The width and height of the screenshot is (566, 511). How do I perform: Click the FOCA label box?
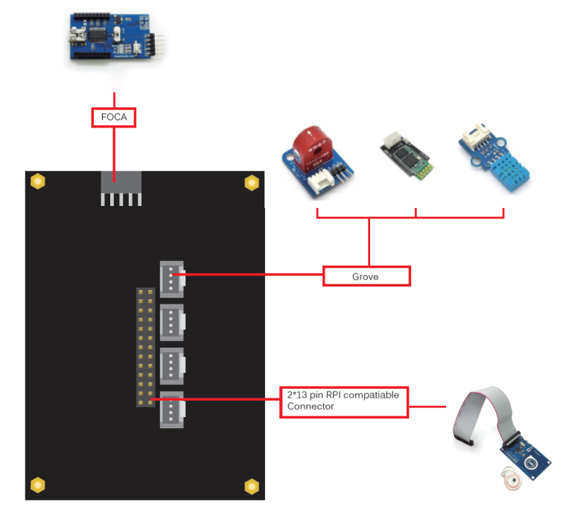pyautogui.click(x=114, y=117)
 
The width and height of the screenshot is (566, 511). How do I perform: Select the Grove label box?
pyautogui.click(x=366, y=276)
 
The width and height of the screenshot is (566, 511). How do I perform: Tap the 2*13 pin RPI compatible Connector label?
pyautogui.click(x=344, y=401)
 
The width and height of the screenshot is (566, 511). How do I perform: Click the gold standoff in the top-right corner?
pyautogui.click(x=252, y=182)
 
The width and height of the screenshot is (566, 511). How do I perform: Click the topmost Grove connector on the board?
pyautogui.click(x=171, y=278)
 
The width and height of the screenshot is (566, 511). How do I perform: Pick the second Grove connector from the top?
pyautogui.click(x=171, y=322)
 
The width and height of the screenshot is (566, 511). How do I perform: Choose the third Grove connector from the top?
pyautogui.click(x=171, y=366)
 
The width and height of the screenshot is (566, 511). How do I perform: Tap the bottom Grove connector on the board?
pyautogui.click(x=171, y=410)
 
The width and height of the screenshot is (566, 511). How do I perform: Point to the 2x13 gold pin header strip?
pyautogui.click(x=144, y=347)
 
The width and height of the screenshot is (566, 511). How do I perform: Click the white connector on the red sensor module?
pyautogui.click(x=323, y=176)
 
